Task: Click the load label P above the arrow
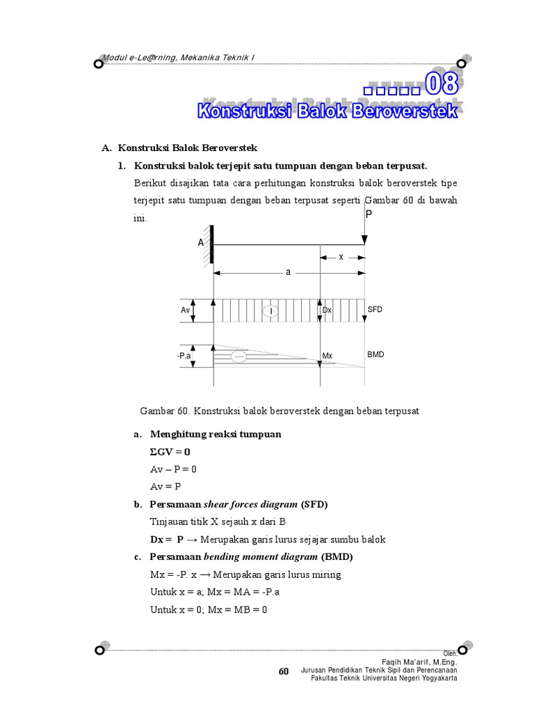point(369,214)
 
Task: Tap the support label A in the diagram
point(200,243)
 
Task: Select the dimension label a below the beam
point(288,272)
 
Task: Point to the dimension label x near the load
point(341,256)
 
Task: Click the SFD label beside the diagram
point(375,309)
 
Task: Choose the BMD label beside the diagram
point(375,354)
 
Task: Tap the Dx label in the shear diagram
point(327,311)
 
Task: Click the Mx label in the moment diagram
point(327,356)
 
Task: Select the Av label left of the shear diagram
point(185,311)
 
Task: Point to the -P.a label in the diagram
point(184,356)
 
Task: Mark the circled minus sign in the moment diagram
point(238,356)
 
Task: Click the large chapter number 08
point(442,85)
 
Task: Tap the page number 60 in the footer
point(283,671)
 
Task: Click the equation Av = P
point(165,486)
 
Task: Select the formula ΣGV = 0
point(170,452)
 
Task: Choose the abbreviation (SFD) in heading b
point(314,504)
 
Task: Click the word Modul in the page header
point(115,56)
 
